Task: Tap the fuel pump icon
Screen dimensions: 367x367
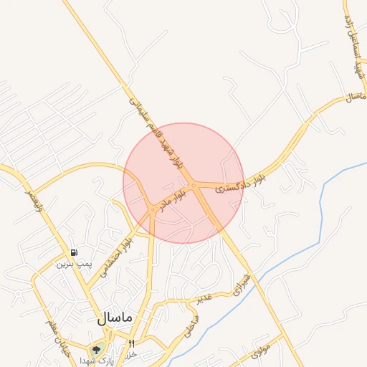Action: coord(75,253)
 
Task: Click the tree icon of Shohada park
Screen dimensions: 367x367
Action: coord(95,351)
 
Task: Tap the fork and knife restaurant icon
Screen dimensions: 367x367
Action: coord(131,344)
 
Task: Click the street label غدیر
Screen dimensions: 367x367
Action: coord(205,297)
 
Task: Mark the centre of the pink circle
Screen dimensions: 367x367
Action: coord(183,183)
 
